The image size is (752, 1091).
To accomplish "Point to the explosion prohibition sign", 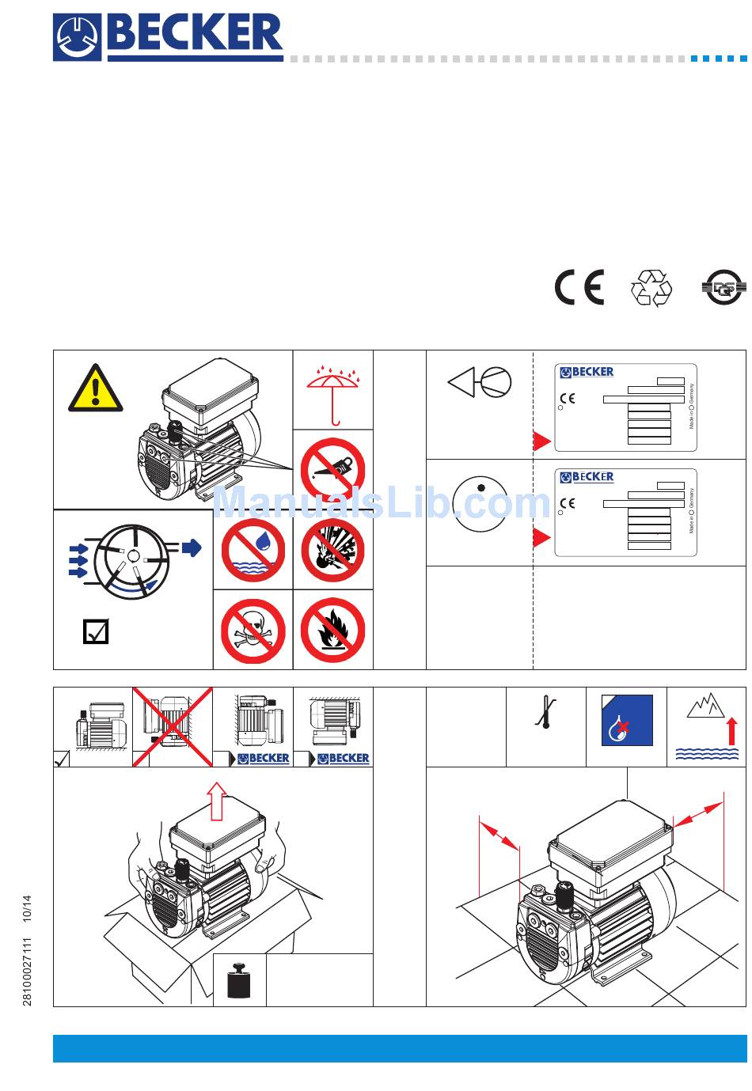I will pyautogui.click(x=332, y=550).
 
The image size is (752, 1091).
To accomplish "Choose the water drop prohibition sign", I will pyautogui.click(x=253, y=550).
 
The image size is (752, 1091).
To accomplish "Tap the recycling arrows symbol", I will pyautogui.click(x=651, y=288).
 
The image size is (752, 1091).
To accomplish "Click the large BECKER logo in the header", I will pyautogui.click(x=169, y=37).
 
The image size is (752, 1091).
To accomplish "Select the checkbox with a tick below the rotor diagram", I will pyautogui.click(x=96, y=631).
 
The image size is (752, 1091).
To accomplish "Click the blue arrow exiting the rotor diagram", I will pyautogui.click(x=192, y=547).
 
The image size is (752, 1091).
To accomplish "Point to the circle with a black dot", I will pyautogui.click(x=480, y=503).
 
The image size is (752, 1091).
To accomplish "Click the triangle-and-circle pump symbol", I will pyautogui.click(x=480, y=384).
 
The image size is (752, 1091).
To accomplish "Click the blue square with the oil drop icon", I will pyautogui.click(x=627, y=720).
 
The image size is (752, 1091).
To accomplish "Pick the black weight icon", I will pyautogui.click(x=239, y=980).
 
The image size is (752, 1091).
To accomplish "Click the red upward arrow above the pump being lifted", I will pyautogui.click(x=215, y=800).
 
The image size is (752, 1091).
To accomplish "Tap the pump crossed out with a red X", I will pyautogui.click(x=172, y=727).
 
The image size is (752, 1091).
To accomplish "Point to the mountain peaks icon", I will pyautogui.click(x=705, y=706).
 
